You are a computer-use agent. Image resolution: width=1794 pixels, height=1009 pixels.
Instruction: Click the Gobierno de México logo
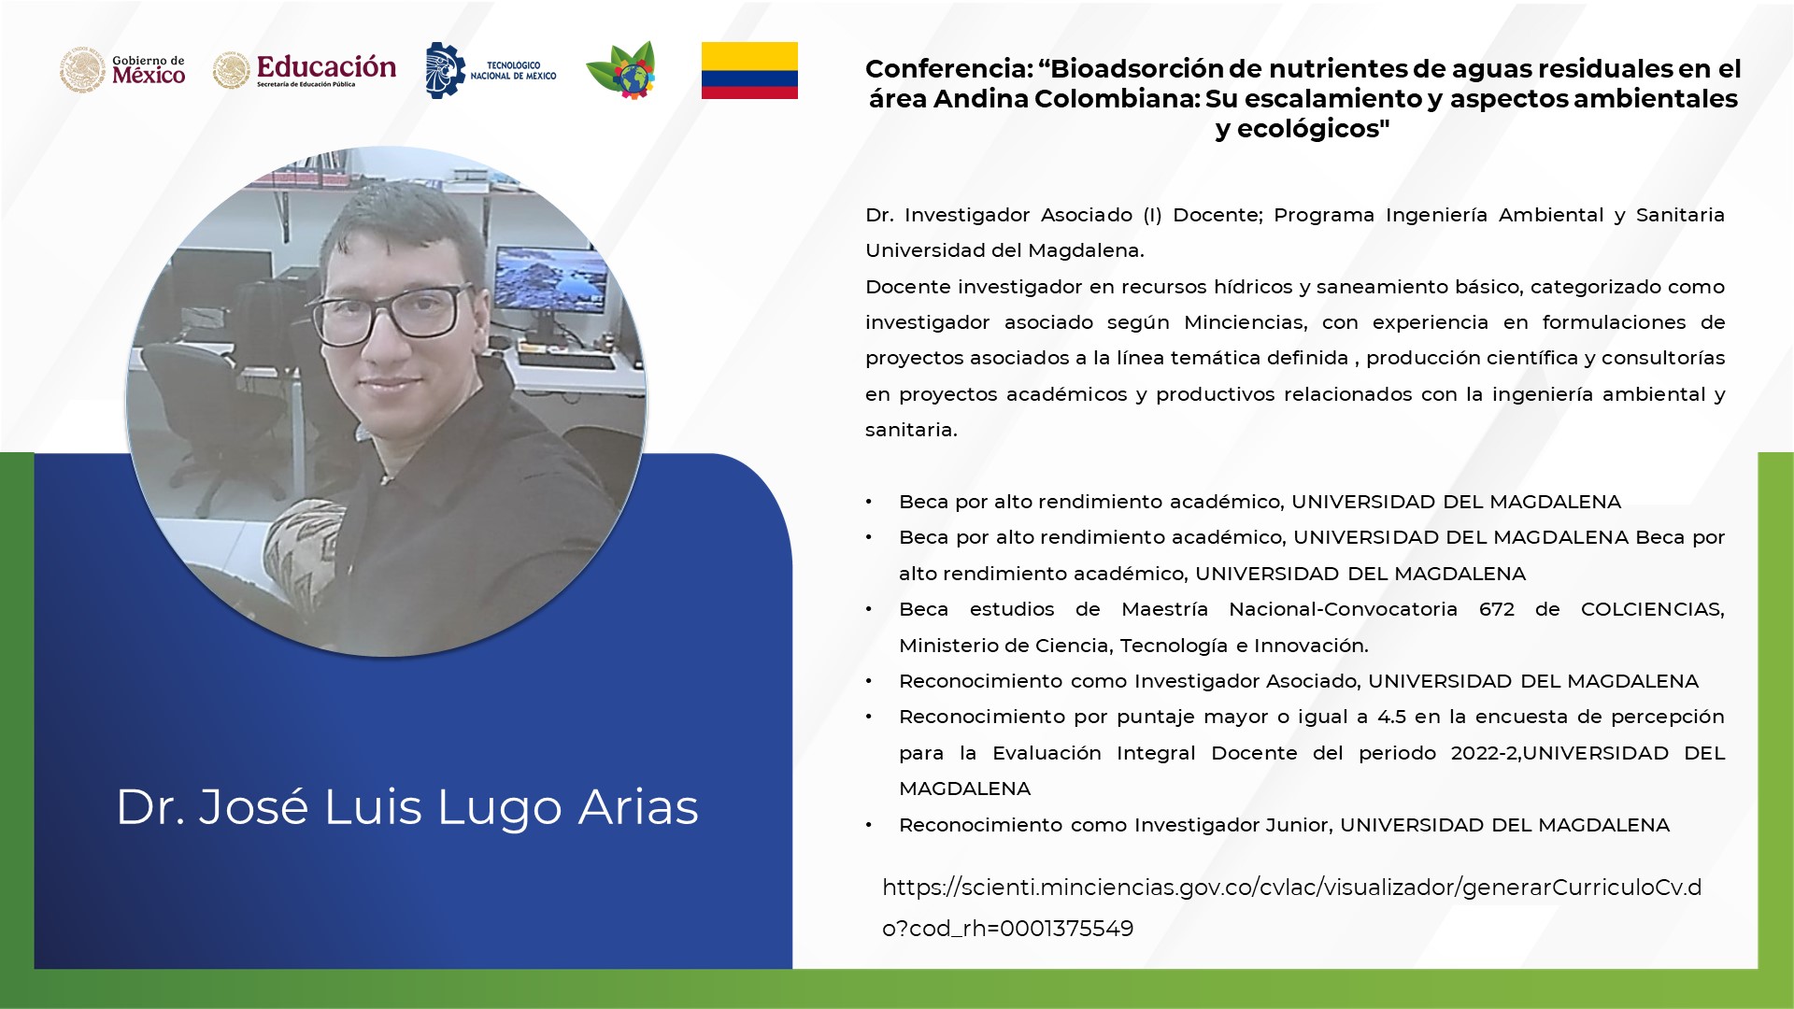tap(122, 70)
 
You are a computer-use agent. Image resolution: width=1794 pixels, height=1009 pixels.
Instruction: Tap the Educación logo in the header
tap(305, 70)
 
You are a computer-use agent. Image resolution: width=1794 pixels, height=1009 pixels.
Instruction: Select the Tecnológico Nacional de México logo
tap(491, 70)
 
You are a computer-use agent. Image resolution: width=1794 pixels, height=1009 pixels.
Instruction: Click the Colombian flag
tap(749, 70)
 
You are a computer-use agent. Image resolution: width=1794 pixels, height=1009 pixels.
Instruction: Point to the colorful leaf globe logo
tap(621, 70)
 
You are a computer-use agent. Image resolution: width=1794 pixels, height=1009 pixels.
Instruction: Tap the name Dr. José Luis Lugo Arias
tap(407, 807)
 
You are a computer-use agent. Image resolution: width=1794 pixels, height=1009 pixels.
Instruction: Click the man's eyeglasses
tap(389, 312)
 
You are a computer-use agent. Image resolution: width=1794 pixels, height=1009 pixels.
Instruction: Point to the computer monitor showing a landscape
tap(550, 277)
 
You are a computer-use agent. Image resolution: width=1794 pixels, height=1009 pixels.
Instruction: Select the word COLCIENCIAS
tap(1652, 610)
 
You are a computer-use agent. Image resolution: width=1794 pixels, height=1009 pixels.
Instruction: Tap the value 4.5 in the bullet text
tap(1391, 717)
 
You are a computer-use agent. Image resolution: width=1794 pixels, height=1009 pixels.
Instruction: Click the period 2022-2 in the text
tap(1485, 753)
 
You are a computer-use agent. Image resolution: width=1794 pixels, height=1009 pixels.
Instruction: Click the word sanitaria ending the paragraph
tap(911, 430)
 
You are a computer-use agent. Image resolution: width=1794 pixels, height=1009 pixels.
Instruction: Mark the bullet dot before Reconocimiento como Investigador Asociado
tap(869, 682)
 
